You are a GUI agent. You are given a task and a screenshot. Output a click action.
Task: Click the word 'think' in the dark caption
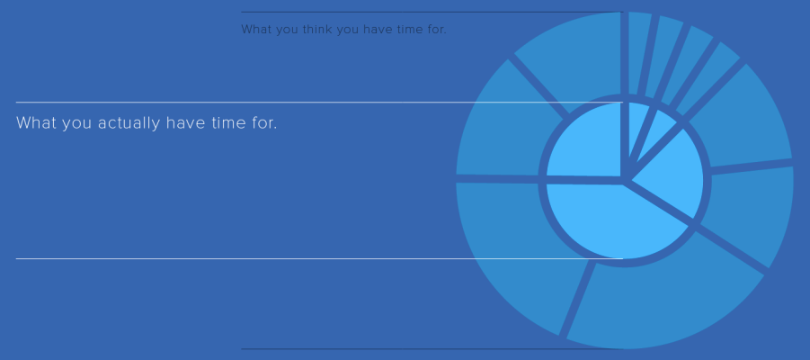pos(317,30)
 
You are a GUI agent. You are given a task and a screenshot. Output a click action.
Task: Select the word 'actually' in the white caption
pos(129,123)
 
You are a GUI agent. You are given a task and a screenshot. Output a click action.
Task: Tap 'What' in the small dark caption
pos(256,30)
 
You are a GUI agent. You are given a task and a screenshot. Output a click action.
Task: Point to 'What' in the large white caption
pos(37,123)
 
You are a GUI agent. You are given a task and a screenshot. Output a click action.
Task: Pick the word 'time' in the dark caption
pos(409,30)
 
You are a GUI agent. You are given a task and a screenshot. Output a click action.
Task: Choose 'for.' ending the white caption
pos(263,123)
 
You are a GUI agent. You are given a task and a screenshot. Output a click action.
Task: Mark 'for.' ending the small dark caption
pos(435,30)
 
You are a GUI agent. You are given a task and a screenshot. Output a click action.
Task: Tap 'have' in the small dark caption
pos(378,30)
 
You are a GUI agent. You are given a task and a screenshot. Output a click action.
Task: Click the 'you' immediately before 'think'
pos(287,31)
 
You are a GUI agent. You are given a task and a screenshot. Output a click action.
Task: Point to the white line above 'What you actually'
pos(319,103)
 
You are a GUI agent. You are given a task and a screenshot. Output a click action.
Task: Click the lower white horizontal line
pos(319,258)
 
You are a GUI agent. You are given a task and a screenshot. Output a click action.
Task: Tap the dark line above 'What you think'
pos(432,12)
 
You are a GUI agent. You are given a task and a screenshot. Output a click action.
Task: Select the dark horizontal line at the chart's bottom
pos(432,349)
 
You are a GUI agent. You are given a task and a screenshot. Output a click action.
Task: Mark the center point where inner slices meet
pos(625,181)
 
